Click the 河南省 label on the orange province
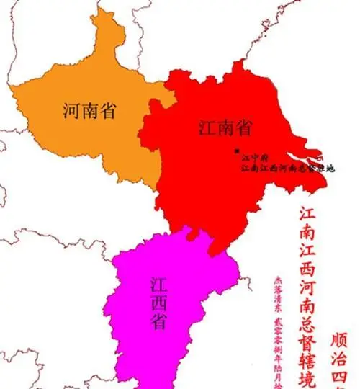91,111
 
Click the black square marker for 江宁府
236,151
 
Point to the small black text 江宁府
255,156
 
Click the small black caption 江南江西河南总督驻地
288,168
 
